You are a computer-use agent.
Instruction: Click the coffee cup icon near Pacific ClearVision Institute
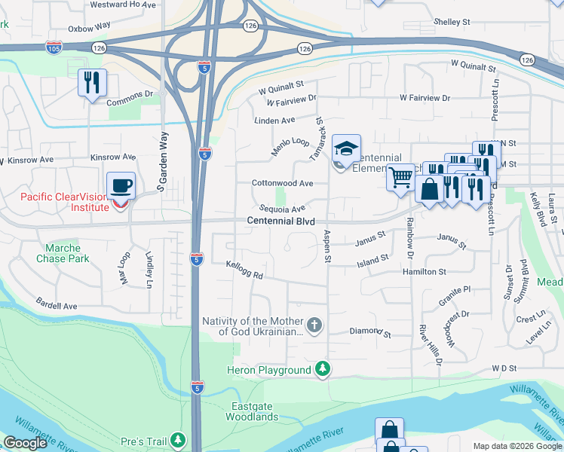point(121,185)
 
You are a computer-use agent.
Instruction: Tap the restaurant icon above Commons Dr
point(92,82)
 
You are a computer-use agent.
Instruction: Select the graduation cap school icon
point(346,148)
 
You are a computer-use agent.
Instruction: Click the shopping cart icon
point(401,177)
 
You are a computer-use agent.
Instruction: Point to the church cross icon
point(314,325)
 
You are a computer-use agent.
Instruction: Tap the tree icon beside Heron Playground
point(322,369)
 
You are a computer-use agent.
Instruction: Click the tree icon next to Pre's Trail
point(178,439)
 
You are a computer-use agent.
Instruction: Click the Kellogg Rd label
point(244,270)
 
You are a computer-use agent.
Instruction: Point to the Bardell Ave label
point(57,307)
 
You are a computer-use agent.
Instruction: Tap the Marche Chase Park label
point(67,253)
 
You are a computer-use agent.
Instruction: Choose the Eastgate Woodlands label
point(252,411)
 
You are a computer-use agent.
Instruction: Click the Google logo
point(25,443)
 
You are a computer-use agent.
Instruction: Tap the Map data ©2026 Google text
point(516,446)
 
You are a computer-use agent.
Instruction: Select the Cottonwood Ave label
point(282,183)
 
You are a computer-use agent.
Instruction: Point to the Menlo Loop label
point(291,147)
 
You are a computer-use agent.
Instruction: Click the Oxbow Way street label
point(89,29)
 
